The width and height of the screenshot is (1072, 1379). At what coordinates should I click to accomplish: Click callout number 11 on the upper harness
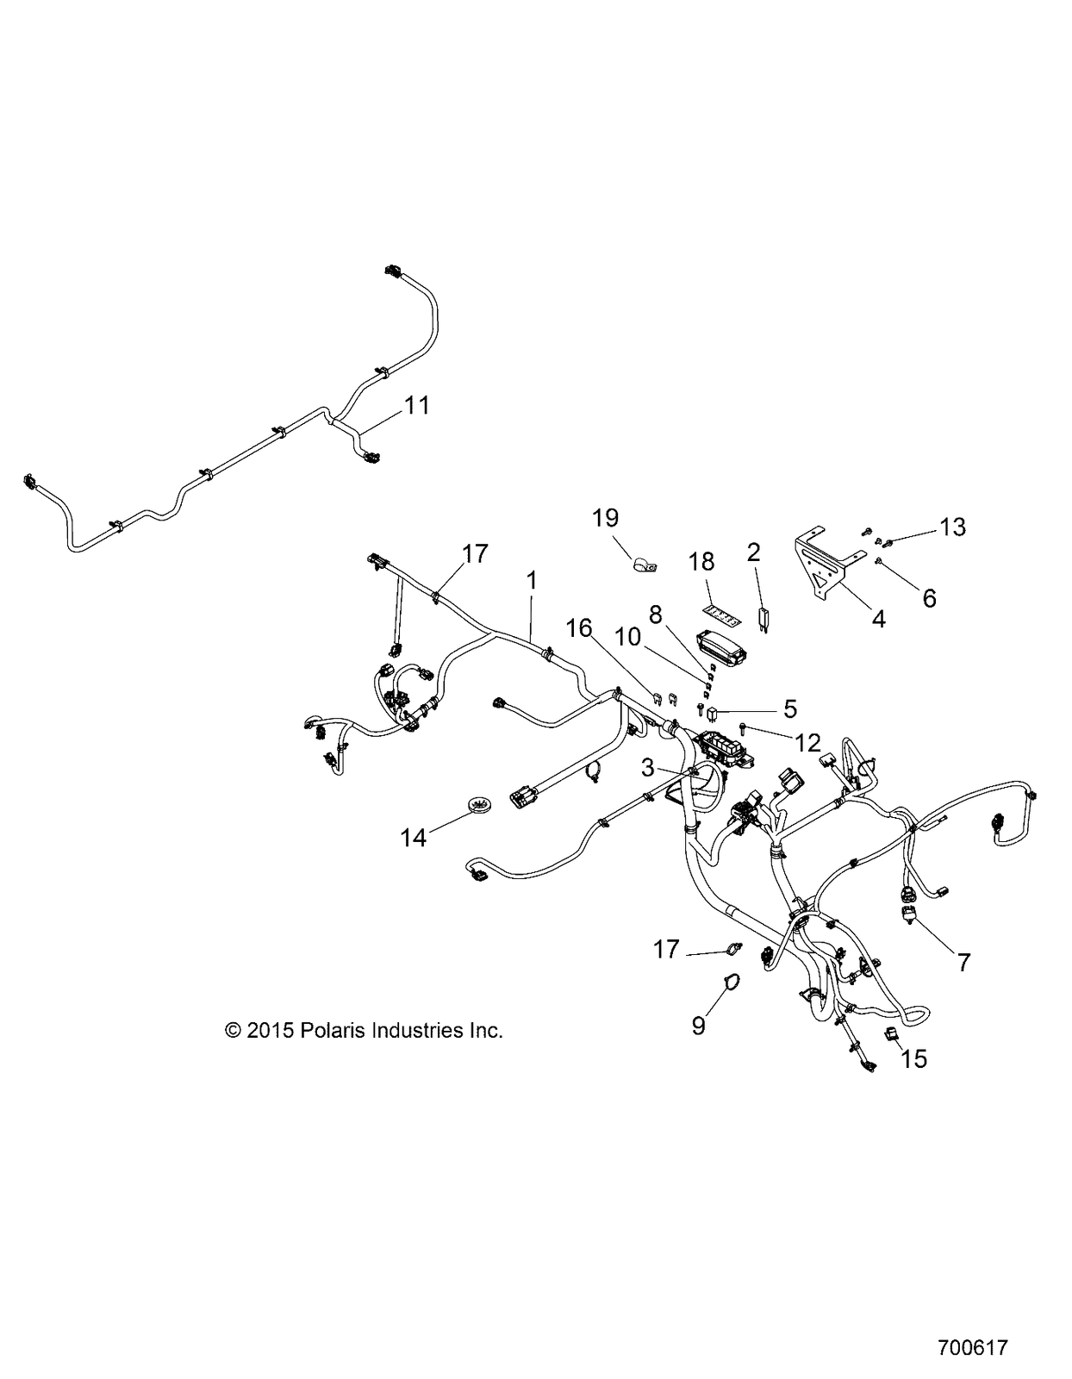pyautogui.click(x=417, y=405)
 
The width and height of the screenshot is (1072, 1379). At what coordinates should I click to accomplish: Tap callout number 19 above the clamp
pyautogui.click(x=605, y=518)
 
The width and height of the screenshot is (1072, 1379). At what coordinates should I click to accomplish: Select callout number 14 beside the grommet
pyautogui.click(x=413, y=839)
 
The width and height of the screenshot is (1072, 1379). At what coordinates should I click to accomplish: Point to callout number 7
pyautogui.click(x=963, y=963)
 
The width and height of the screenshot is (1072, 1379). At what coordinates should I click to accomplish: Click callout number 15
pyautogui.click(x=914, y=1058)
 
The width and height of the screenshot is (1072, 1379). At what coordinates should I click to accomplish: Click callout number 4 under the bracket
pyautogui.click(x=878, y=618)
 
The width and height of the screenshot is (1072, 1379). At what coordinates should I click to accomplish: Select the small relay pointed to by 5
pyautogui.click(x=713, y=714)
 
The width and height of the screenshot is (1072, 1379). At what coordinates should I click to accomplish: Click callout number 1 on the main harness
pyautogui.click(x=532, y=580)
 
